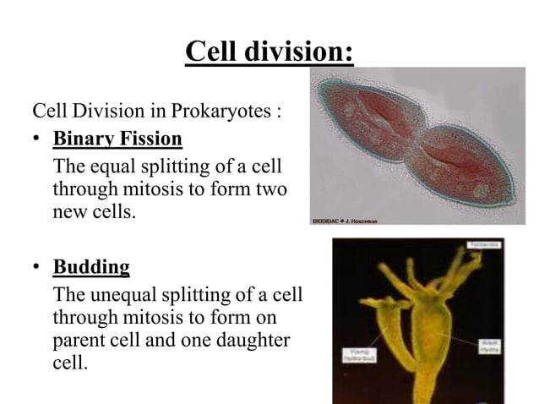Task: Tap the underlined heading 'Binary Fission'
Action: click(117, 138)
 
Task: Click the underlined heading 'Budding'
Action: click(91, 268)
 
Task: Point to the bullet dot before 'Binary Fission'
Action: click(38, 139)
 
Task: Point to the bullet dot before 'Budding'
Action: click(38, 269)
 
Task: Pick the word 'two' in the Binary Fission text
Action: click(269, 188)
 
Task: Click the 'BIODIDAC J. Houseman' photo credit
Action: click(345, 221)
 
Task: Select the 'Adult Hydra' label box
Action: click(488, 346)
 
